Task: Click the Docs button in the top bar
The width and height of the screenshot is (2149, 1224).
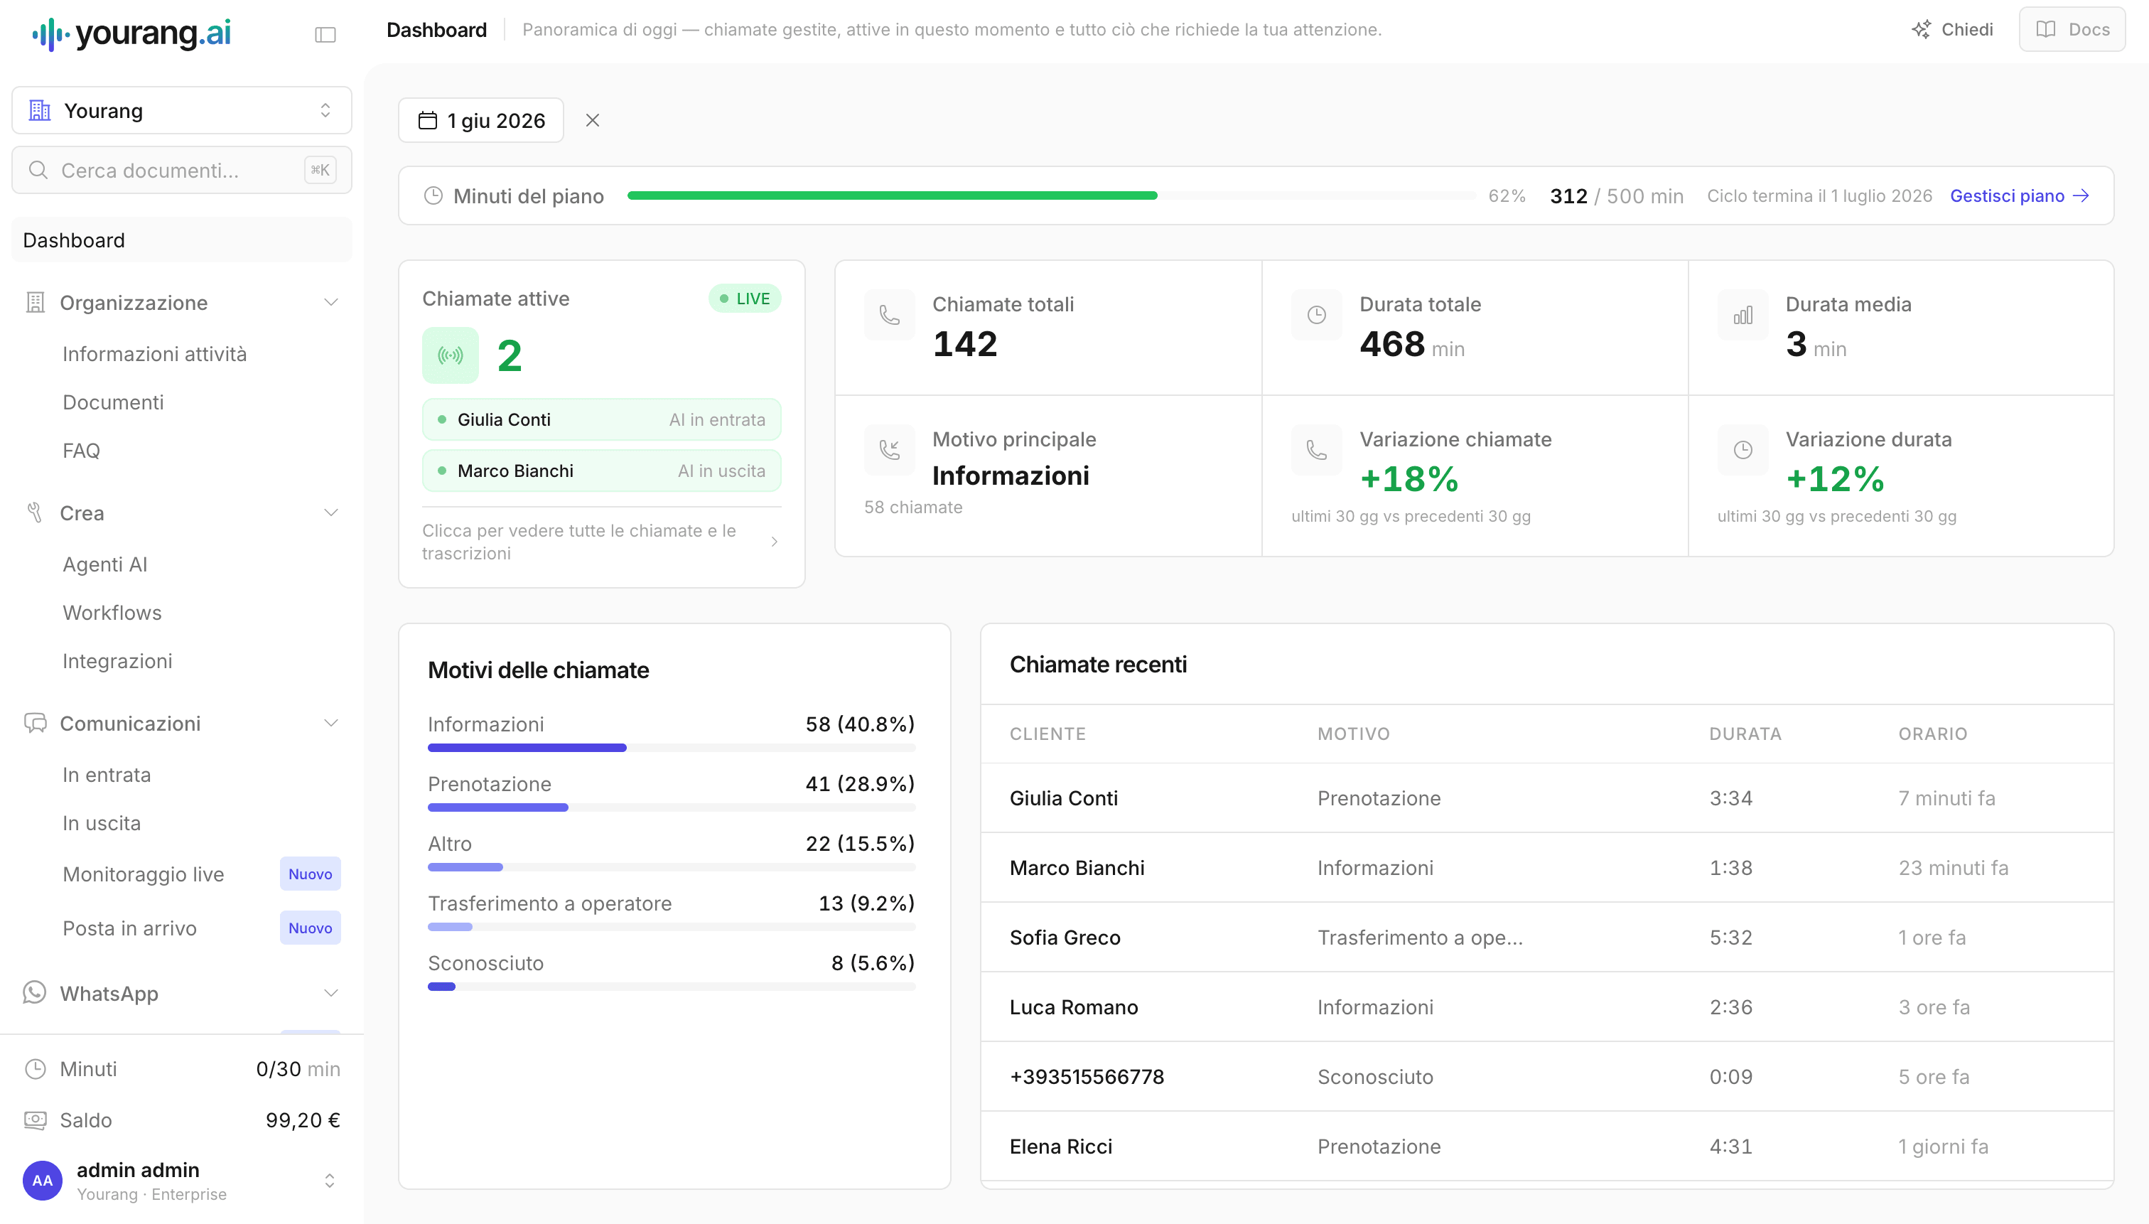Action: point(2072,29)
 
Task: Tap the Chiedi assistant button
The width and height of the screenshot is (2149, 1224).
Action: point(1951,29)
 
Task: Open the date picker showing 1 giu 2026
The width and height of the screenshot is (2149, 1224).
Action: point(480,120)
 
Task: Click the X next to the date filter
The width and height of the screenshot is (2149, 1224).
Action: point(593,120)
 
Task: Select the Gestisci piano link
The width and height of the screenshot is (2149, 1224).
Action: point(2020,196)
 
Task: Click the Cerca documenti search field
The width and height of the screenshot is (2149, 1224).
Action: point(181,171)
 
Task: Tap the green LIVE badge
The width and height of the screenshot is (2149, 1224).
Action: point(745,299)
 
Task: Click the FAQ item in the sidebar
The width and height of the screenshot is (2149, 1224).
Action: point(82,451)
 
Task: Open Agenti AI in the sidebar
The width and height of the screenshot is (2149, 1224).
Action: point(105,564)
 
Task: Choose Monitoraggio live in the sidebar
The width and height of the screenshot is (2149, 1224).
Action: point(144,874)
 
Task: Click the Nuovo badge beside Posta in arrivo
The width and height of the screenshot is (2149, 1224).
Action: point(310,928)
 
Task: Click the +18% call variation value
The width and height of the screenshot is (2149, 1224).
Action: point(1409,479)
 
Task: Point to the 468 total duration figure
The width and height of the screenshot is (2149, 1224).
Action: point(1391,344)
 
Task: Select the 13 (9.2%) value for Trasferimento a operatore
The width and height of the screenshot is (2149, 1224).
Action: point(866,903)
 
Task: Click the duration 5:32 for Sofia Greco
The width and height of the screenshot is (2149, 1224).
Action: point(1731,938)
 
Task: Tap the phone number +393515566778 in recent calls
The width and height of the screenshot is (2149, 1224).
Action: point(1087,1077)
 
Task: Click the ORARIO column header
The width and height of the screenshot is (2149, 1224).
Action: point(1933,734)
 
